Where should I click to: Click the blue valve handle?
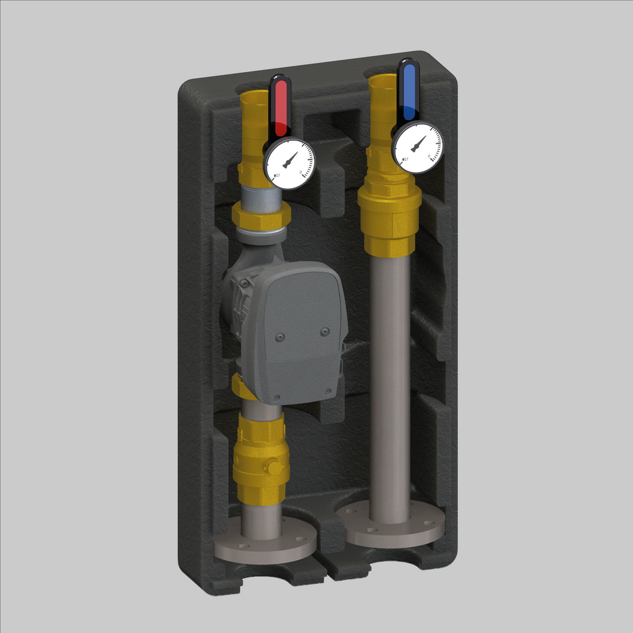point(409,90)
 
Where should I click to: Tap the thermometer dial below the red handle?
point(289,163)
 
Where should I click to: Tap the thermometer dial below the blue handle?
point(417,147)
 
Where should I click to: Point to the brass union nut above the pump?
point(261,216)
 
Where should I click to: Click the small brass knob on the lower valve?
point(272,467)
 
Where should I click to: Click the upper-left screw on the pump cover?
point(280,337)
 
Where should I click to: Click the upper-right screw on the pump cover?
point(325,332)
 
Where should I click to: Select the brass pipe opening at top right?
point(383,82)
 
